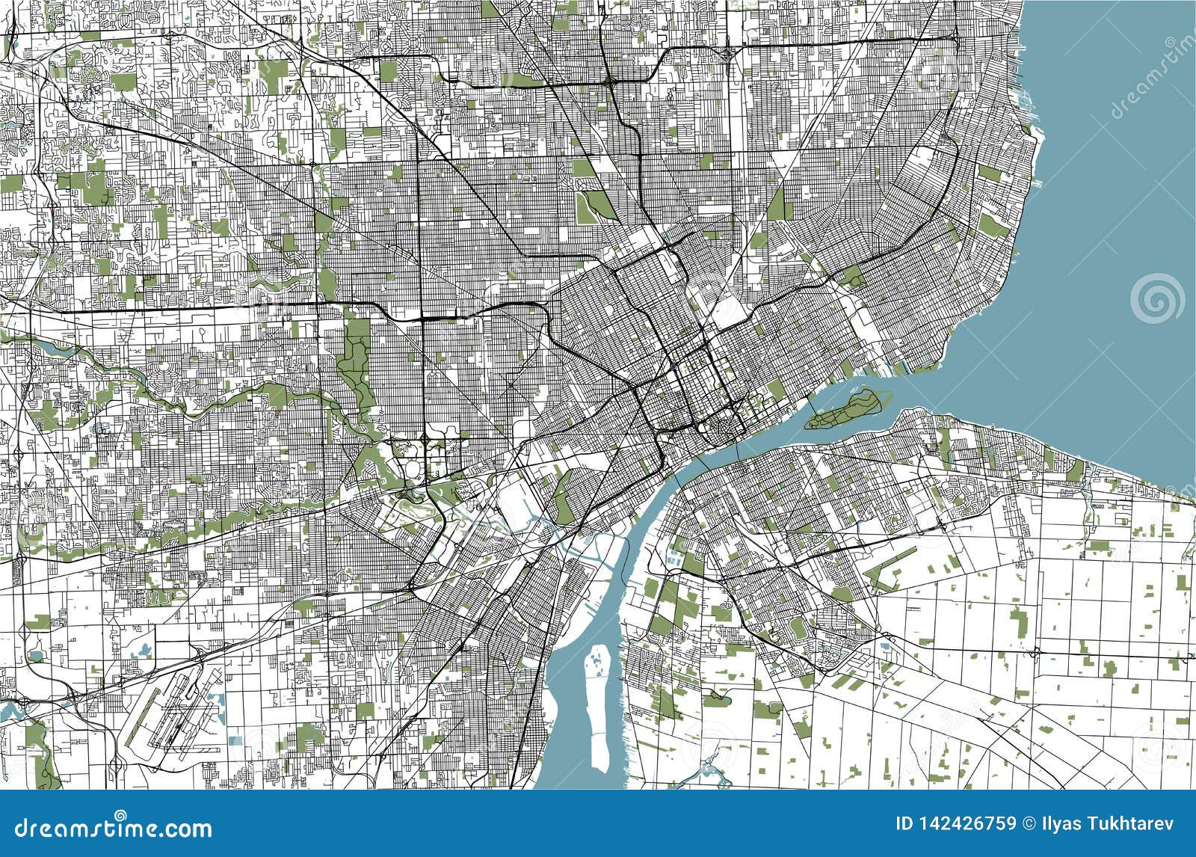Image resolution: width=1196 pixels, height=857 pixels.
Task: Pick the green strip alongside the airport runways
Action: (x=147, y=710)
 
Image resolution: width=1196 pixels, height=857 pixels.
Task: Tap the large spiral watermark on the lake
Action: (x=1156, y=298)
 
